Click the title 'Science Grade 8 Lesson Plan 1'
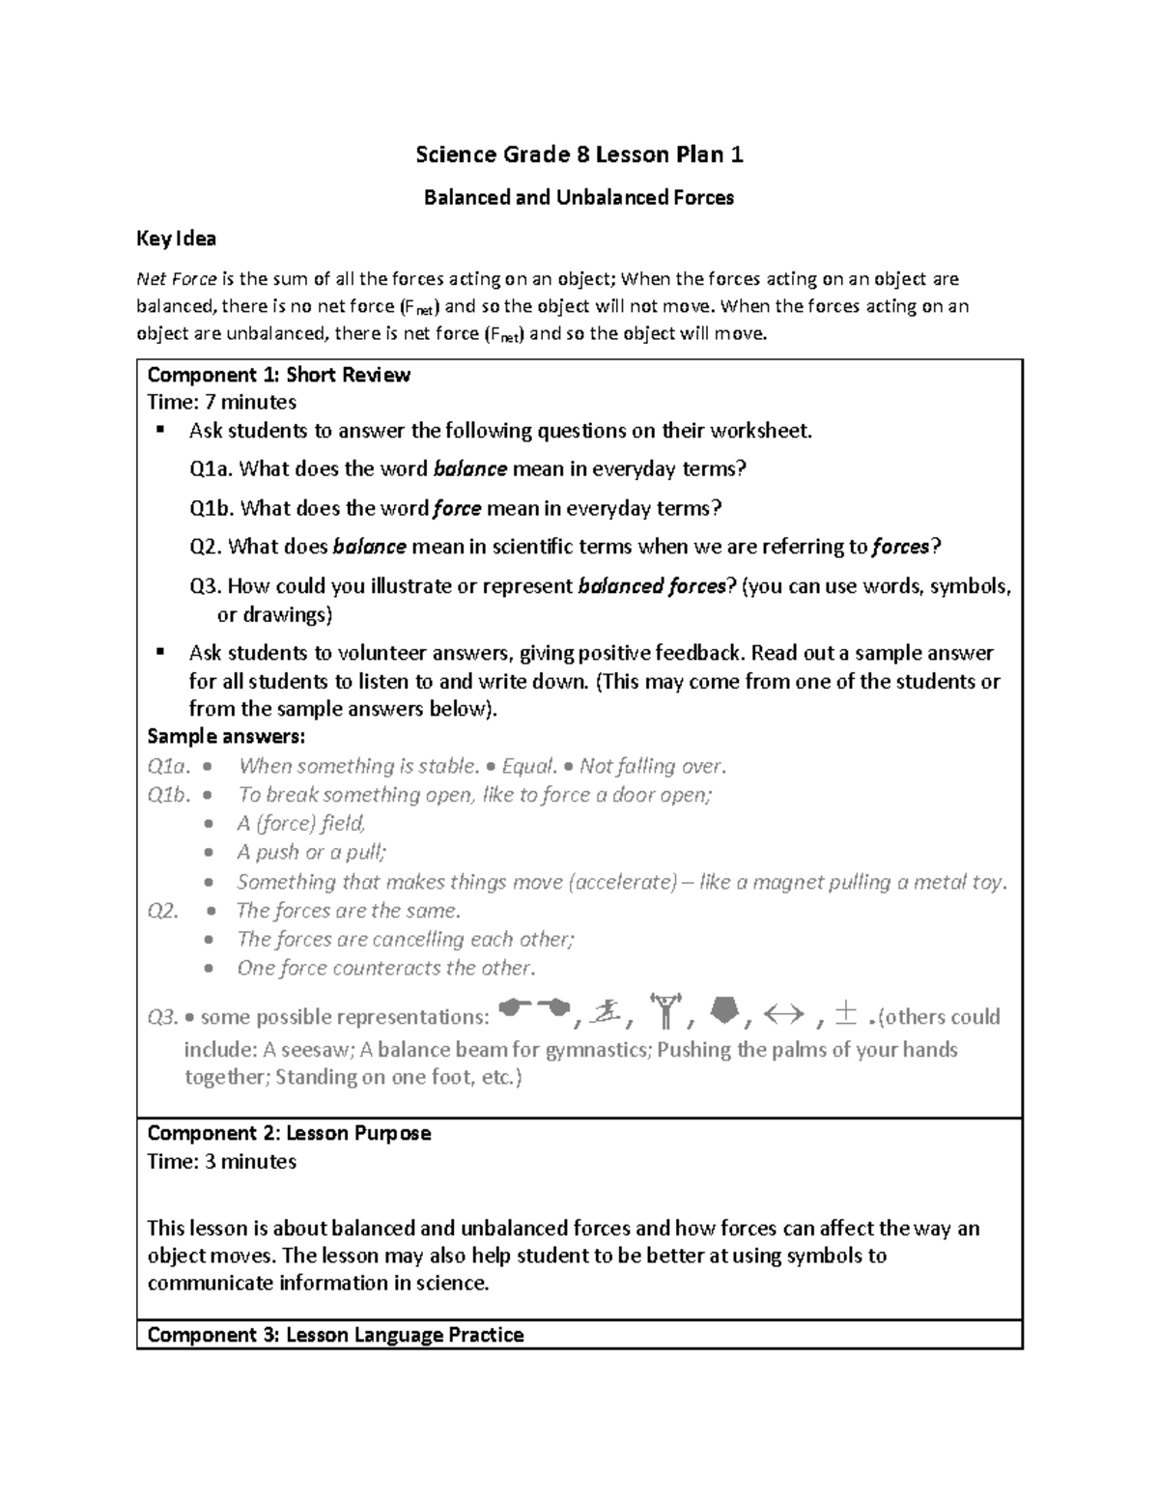[x=579, y=155]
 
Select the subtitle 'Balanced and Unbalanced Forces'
[x=579, y=198]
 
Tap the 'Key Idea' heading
[x=176, y=239]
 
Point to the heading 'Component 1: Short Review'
[x=278, y=375]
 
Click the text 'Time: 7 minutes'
[x=221, y=402]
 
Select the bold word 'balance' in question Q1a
[x=470, y=469]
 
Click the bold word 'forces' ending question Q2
[x=900, y=547]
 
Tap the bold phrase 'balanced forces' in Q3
[x=650, y=586]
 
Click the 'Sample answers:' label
[x=225, y=737]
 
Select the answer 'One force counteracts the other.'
[x=385, y=968]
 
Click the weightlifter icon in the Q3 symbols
[x=666, y=1012]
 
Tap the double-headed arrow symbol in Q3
[x=783, y=1014]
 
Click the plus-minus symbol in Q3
[x=846, y=1013]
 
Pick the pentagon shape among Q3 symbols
[x=725, y=1012]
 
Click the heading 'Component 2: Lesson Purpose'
[x=289, y=1133]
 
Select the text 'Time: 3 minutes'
[x=221, y=1161]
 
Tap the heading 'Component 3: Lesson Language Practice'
[x=335, y=1335]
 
